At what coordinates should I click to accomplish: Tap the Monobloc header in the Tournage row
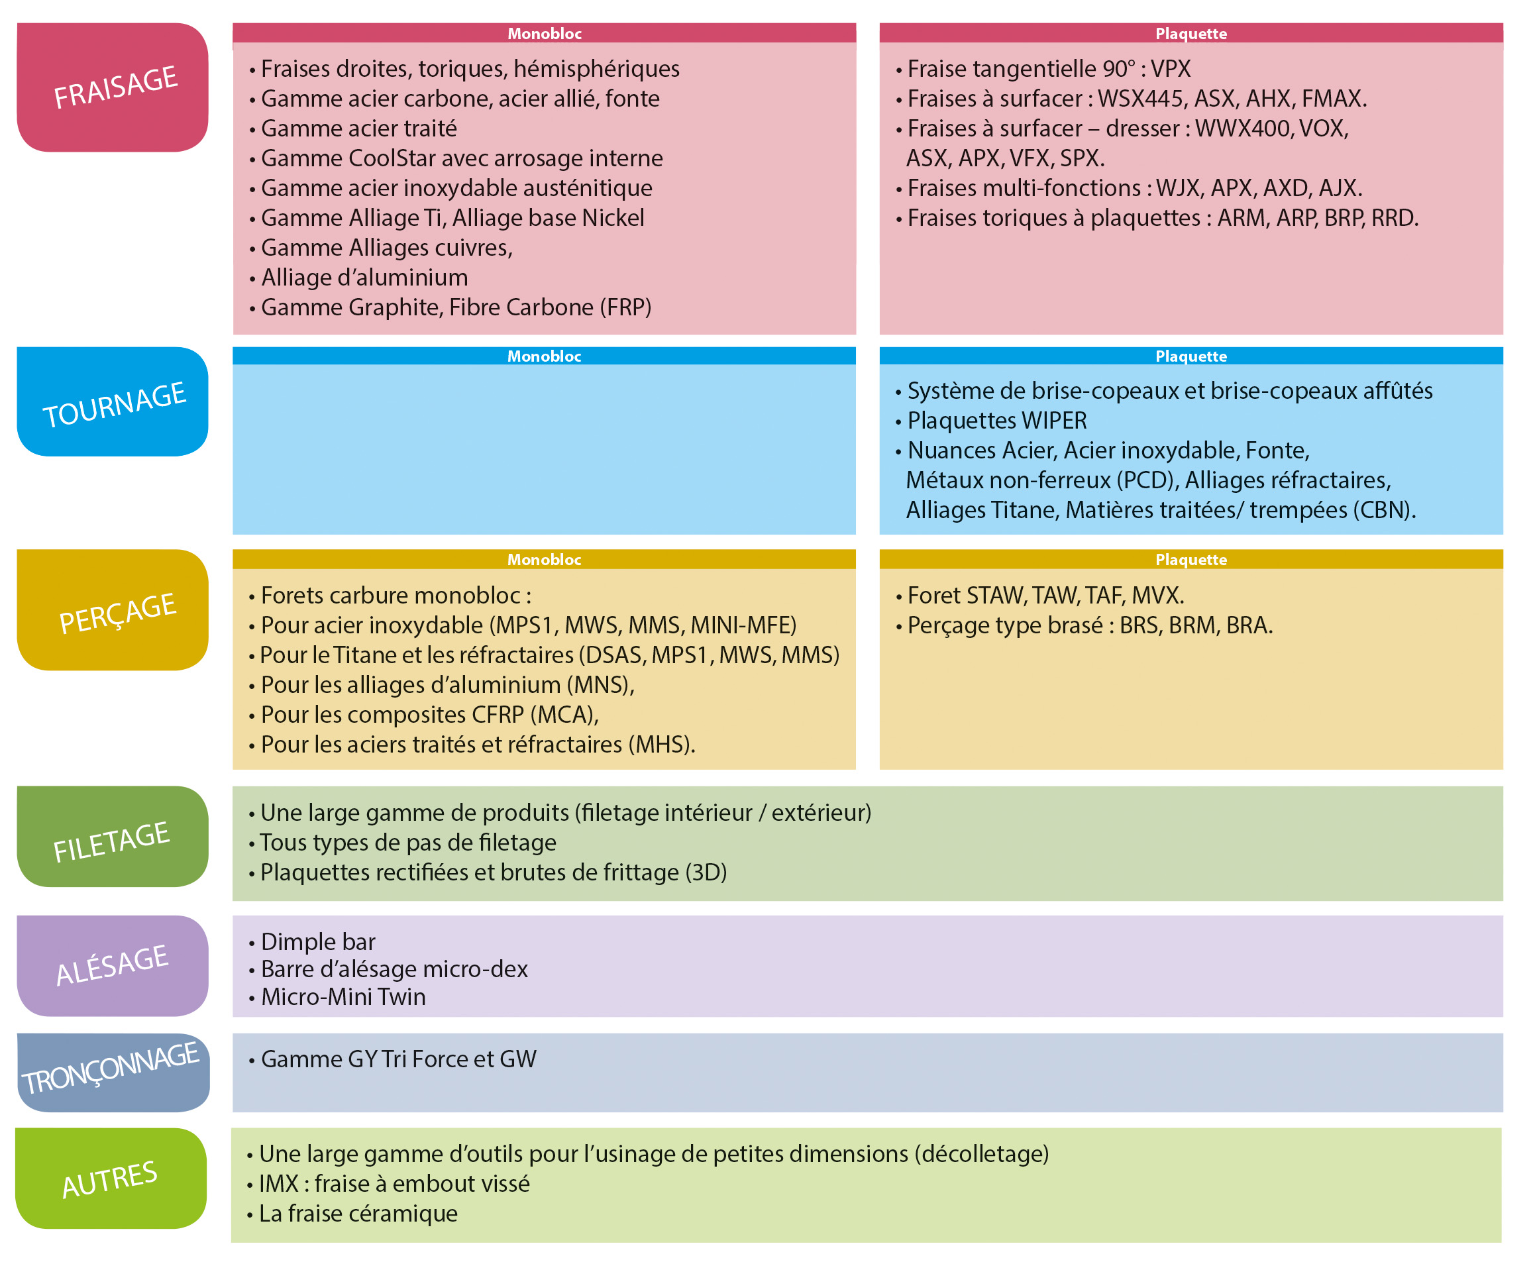544,356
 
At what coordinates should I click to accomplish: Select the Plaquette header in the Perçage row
1191,559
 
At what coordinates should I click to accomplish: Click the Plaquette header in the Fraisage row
1191,34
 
